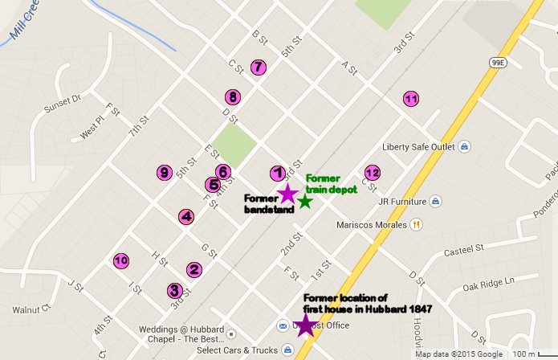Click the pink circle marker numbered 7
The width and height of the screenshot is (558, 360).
coord(258,67)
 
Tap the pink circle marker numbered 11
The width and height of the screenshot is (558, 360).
coord(410,99)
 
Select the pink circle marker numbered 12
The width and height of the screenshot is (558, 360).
coord(372,173)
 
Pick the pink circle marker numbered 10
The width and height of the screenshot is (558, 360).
coord(121,260)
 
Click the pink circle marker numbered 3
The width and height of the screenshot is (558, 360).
coord(175,290)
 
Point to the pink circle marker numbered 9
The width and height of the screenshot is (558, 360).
coord(164,172)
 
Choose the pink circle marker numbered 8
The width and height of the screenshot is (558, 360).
coord(232,97)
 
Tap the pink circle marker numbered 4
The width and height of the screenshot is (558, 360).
coord(186,216)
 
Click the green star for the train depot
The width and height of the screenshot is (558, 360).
coord(305,200)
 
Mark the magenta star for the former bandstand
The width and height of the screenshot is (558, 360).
coord(287,194)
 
